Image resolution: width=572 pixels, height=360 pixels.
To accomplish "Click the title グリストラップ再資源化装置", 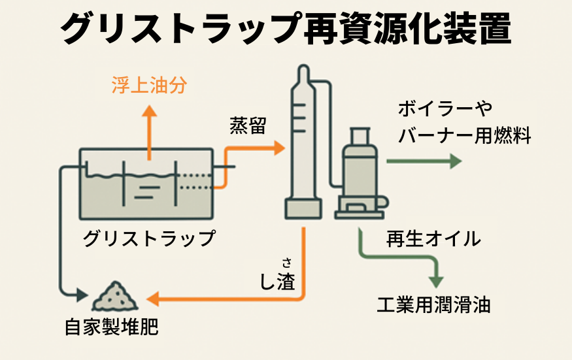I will pos(286,28).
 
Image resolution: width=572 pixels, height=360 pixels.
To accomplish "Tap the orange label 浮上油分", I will pos(149,85).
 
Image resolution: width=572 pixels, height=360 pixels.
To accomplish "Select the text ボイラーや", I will pos(445,108).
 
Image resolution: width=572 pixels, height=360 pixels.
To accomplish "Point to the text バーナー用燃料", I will pos(464,135).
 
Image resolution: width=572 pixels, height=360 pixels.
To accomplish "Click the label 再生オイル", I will pos(433,239).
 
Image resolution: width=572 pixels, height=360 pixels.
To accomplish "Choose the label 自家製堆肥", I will pos(112,327).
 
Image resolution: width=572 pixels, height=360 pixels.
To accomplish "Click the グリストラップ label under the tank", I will pos(149,238).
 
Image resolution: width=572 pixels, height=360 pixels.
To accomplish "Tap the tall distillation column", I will pos(302,144).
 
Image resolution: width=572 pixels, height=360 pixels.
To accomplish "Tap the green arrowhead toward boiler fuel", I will pos(455,161).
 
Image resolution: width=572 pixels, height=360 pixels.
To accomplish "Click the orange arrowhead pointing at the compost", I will pos(152,300).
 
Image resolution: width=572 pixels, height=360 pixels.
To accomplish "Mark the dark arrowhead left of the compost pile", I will pos(83,295).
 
